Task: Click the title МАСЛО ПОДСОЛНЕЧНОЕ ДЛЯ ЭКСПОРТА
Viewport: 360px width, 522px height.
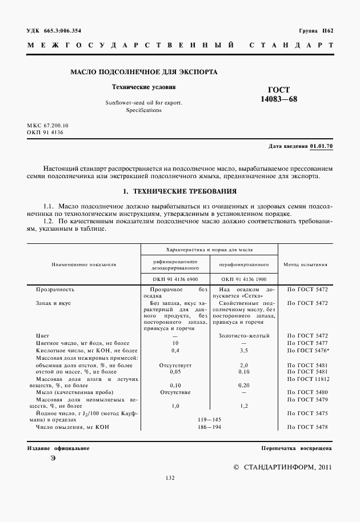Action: coord(143,73)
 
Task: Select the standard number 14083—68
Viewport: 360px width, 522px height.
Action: coord(279,99)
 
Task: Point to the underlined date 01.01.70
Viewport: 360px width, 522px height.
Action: coord(321,146)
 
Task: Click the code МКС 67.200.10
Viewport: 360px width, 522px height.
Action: coord(47,125)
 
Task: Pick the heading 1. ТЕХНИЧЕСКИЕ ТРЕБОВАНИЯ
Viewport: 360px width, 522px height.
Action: coord(180,191)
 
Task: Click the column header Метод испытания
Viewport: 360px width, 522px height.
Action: coord(306,265)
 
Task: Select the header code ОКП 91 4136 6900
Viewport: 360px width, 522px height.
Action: coord(175,279)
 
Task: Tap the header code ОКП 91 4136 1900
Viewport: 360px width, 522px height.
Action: coord(244,279)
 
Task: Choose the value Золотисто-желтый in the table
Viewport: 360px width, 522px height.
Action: coord(244,335)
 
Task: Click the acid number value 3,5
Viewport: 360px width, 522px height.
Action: coord(244,349)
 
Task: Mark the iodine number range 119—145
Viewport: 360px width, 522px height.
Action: coord(209,420)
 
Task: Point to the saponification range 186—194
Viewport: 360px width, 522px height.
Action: coord(209,427)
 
